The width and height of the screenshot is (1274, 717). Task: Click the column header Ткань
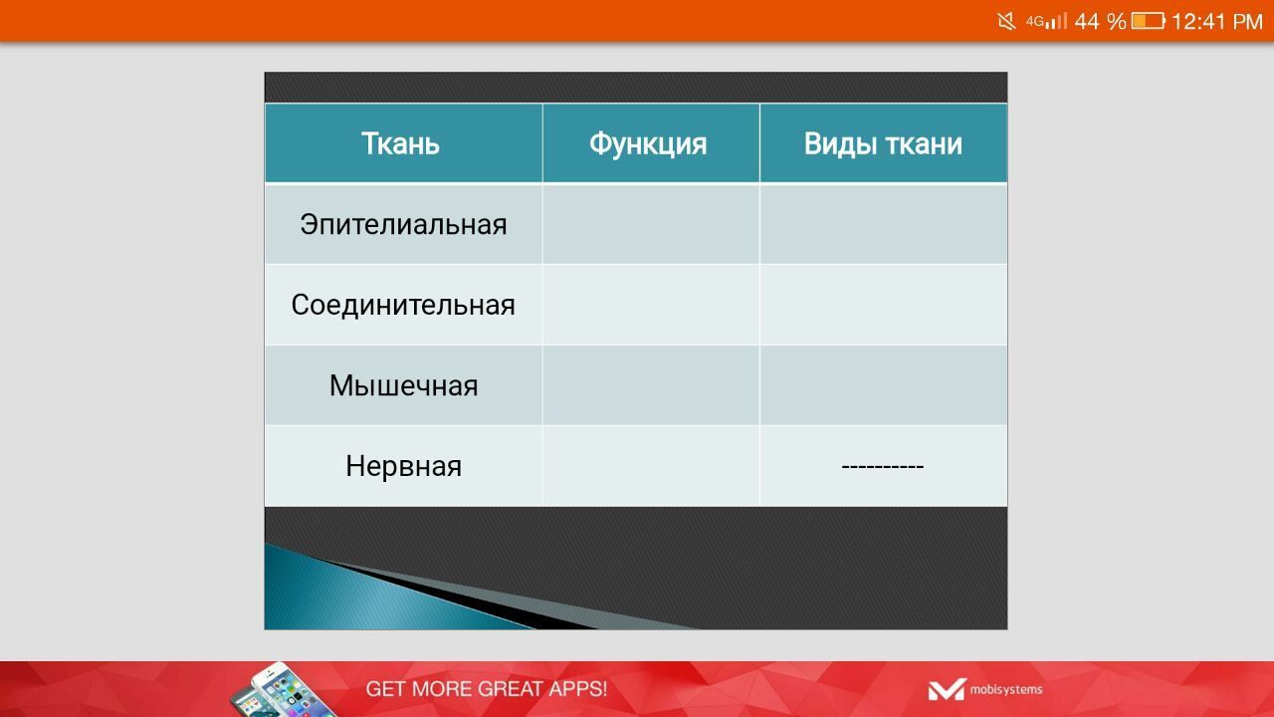click(x=400, y=143)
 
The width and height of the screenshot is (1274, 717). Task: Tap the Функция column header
click(x=648, y=144)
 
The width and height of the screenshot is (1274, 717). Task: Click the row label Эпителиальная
click(x=403, y=224)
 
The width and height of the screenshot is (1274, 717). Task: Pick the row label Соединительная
click(x=403, y=305)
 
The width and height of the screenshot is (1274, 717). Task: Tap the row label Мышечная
click(x=403, y=385)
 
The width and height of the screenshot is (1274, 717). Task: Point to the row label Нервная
click(x=403, y=467)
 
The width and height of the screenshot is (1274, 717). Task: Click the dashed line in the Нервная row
click(x=883, y=467)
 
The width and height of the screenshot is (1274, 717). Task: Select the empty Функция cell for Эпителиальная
click(x=651, y=224)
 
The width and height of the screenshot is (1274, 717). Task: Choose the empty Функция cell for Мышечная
click(x=651, y=385)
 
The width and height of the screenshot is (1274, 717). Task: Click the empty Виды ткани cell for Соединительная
click(x=883, y=305)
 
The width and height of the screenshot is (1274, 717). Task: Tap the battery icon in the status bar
click(x=1149, y=22)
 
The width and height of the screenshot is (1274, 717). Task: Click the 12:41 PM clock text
click(x=1217, y=22)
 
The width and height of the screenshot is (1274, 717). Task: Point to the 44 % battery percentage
click(x=1101, y=22)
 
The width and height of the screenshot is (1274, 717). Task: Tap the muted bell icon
click(x=1006, y=22)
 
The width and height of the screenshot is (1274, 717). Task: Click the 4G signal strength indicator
click(x=1046, y=22)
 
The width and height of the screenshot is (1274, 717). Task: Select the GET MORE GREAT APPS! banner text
click(x=487, y=689)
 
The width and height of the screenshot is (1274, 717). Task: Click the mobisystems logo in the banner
click(x=985, y=690)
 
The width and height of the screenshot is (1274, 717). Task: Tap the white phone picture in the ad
click(x=282, y=690)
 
